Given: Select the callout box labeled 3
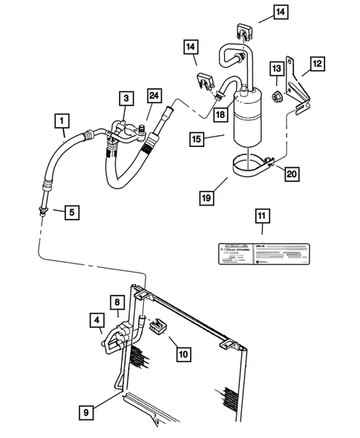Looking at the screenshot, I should [x=127, y=98].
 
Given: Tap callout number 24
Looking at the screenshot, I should [x=154, y=95].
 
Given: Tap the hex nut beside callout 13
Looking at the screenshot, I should [x=276, y=95].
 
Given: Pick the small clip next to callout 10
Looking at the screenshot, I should [x=157, y=327].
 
